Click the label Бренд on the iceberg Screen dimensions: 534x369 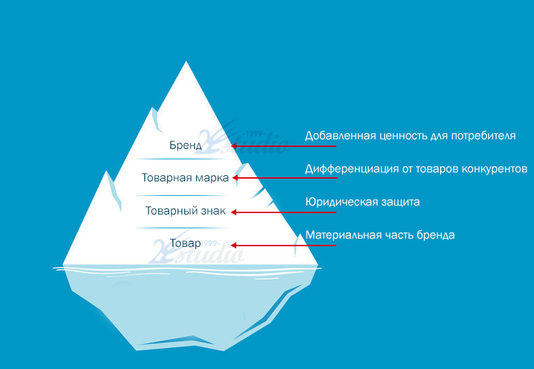186,146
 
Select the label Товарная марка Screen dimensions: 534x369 185,177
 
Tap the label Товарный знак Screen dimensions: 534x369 186,210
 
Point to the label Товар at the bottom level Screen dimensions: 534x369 185,243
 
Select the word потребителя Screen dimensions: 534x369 484,136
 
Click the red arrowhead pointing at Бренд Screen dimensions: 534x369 233,146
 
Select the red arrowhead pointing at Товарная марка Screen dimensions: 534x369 235,177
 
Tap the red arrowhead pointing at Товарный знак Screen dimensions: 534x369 233,212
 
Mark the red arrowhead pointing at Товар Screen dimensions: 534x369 233,246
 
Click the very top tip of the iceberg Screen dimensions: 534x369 186,61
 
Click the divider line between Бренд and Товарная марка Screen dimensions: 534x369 184,159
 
